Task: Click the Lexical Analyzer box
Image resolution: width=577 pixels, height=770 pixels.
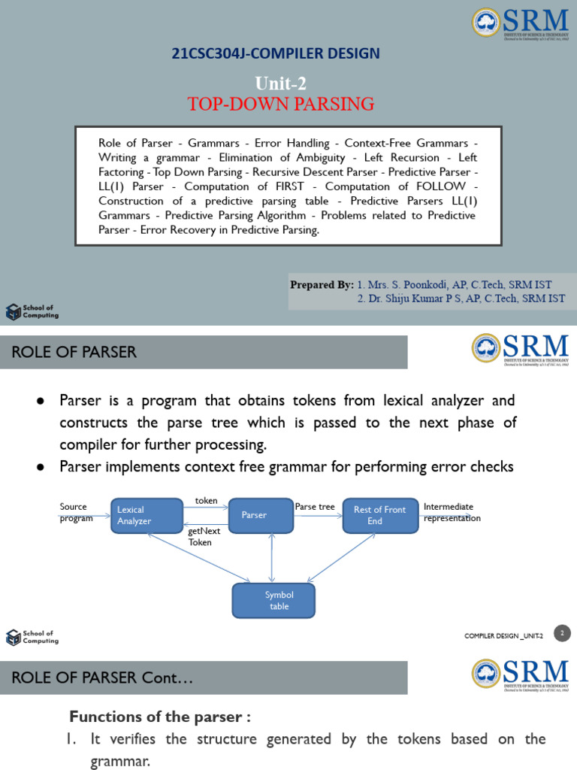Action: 147,515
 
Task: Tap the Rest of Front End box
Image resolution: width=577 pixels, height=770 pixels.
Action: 380,515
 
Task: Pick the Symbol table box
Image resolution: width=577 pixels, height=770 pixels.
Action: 273,600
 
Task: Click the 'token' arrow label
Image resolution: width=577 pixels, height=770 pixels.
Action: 206,501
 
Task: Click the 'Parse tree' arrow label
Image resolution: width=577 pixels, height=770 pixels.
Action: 315,507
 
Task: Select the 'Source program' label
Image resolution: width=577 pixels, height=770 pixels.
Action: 76,512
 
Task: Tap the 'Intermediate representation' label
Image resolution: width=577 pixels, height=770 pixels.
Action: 452,512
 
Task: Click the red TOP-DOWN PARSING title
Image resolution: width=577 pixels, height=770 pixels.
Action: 282,104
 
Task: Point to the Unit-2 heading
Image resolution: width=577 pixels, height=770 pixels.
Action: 281,83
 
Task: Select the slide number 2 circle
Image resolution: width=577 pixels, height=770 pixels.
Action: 562,633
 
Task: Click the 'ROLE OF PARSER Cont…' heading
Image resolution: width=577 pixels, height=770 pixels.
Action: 103,678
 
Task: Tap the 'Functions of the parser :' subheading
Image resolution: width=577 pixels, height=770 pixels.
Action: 160,717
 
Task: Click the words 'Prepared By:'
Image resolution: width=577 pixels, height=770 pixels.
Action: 322,285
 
